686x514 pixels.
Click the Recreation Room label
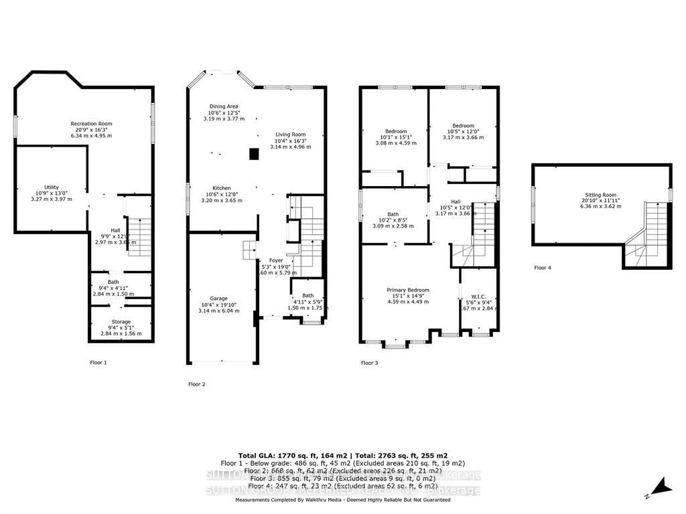pos(92,124)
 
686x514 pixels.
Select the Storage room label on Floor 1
pos(121,322)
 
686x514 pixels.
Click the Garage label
pos(218,298)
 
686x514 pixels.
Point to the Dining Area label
pos(224,106)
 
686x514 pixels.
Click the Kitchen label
pos(222,188)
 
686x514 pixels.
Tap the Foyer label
pos(276,260)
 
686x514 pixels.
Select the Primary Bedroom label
pos(407,290)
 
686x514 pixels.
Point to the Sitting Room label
pos(600,195)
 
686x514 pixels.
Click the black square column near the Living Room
pos(254,155)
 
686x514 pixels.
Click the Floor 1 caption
pos(98,362)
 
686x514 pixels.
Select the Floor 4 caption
pos(543,268)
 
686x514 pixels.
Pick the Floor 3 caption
pos(369,363)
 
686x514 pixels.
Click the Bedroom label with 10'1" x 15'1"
pos(395,131)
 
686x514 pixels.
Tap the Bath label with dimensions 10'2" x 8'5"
pos(393,213)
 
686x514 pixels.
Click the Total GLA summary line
pos(343,454)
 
